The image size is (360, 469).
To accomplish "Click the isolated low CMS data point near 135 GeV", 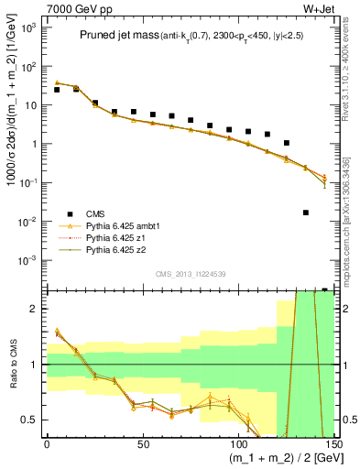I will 306,213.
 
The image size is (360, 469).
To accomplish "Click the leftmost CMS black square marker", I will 57,90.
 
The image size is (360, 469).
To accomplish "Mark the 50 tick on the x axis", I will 143,444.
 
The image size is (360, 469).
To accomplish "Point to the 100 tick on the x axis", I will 238,444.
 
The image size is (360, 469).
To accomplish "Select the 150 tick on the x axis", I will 333,444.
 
